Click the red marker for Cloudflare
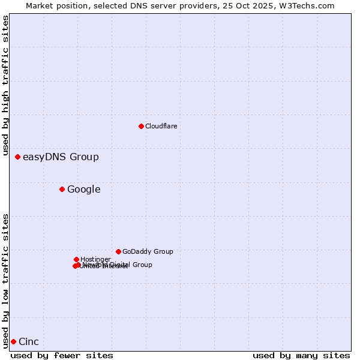point(141,126)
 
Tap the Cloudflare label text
point(161,126)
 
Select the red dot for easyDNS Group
point(17,157)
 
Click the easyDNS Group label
point(61,157)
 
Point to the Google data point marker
point(62,189)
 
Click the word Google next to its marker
point(84,190)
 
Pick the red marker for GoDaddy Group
point(118,251)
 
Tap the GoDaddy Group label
point(148,251)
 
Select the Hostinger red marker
point(76,259)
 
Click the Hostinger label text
point(95,259)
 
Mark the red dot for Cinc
point(13,341)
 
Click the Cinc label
point(29,342)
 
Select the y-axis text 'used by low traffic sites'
point(6,281)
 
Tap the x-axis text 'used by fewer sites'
point(62,355)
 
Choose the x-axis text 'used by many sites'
point(301,355)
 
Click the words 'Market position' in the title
point(56,5)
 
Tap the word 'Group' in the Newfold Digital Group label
point(142,265)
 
